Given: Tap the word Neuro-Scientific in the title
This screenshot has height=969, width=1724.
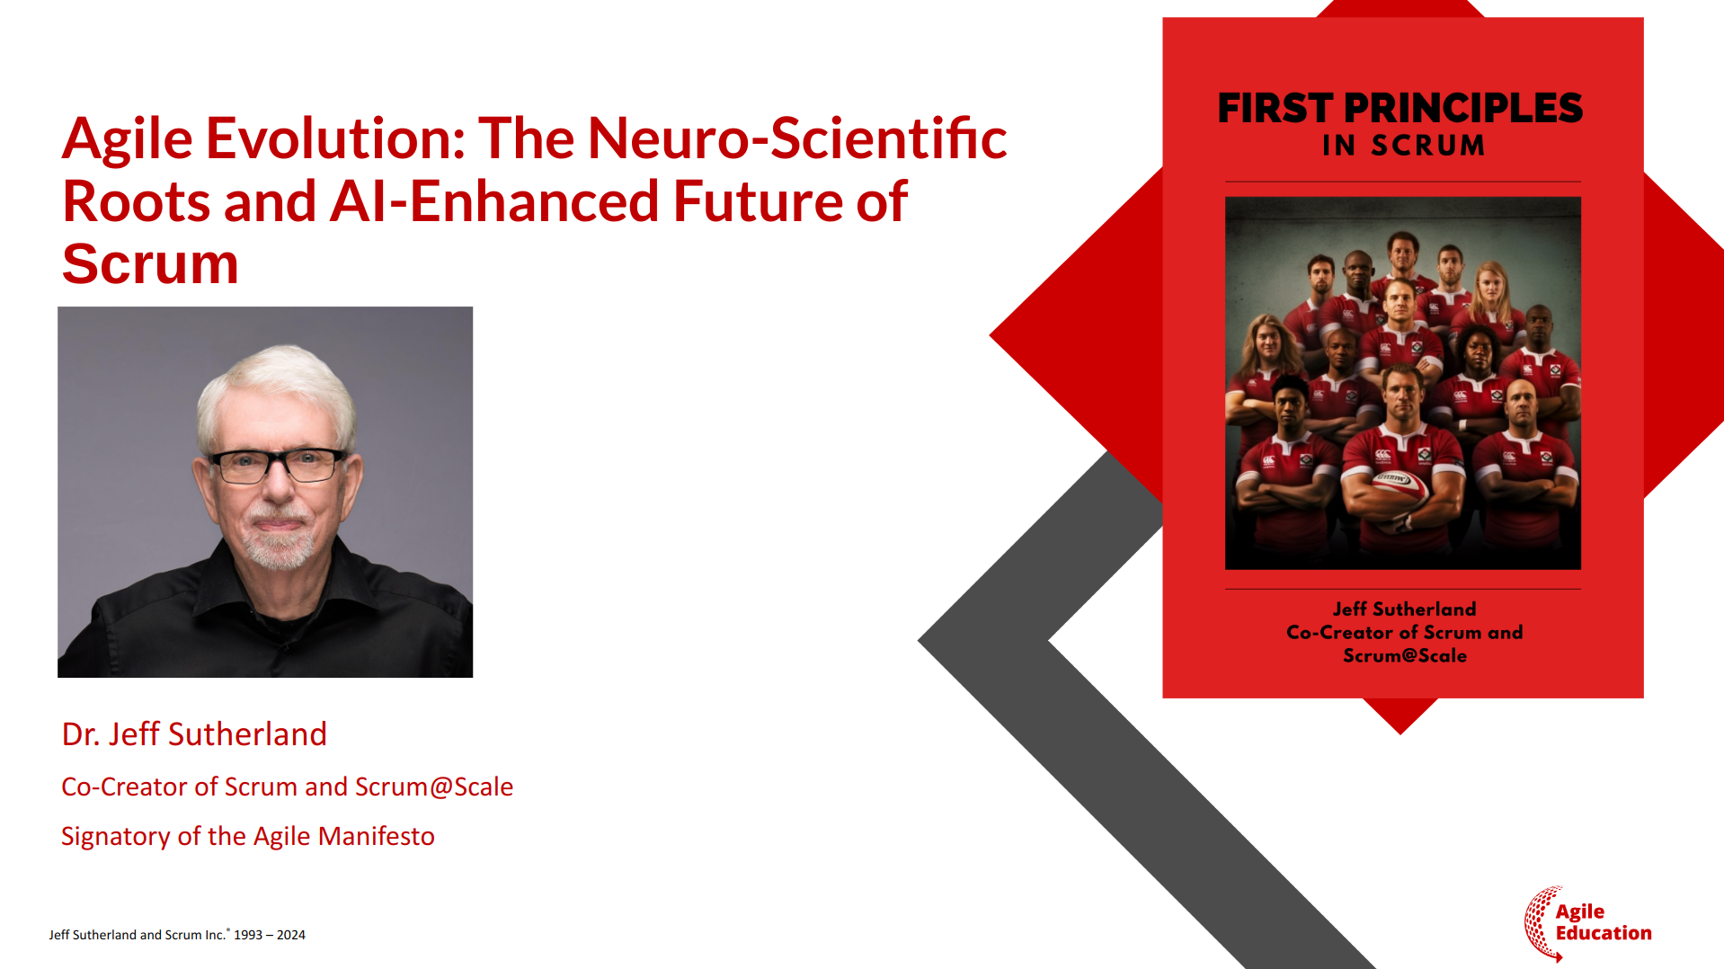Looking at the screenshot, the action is coord(797,138).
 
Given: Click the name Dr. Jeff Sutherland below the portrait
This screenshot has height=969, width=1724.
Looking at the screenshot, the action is coord(194,734).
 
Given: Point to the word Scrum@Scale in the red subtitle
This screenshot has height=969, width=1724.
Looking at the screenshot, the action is coord(434,787).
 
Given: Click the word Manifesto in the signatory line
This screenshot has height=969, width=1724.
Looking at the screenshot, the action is coord(377,836).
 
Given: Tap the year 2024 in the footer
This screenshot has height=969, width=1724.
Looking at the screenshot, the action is coord(291,935).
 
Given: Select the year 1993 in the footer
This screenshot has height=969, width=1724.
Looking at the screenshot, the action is coord(248,935).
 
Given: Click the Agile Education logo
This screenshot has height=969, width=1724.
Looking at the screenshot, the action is coord(1587,923).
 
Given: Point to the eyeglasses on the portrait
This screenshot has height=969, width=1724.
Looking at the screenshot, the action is coord(279,465).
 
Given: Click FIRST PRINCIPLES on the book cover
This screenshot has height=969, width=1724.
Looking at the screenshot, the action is coord(1400,108).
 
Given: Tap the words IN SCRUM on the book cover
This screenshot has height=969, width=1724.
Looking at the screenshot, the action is coord(1403,145).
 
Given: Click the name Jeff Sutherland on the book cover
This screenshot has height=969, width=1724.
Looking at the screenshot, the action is coord(1404,609).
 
